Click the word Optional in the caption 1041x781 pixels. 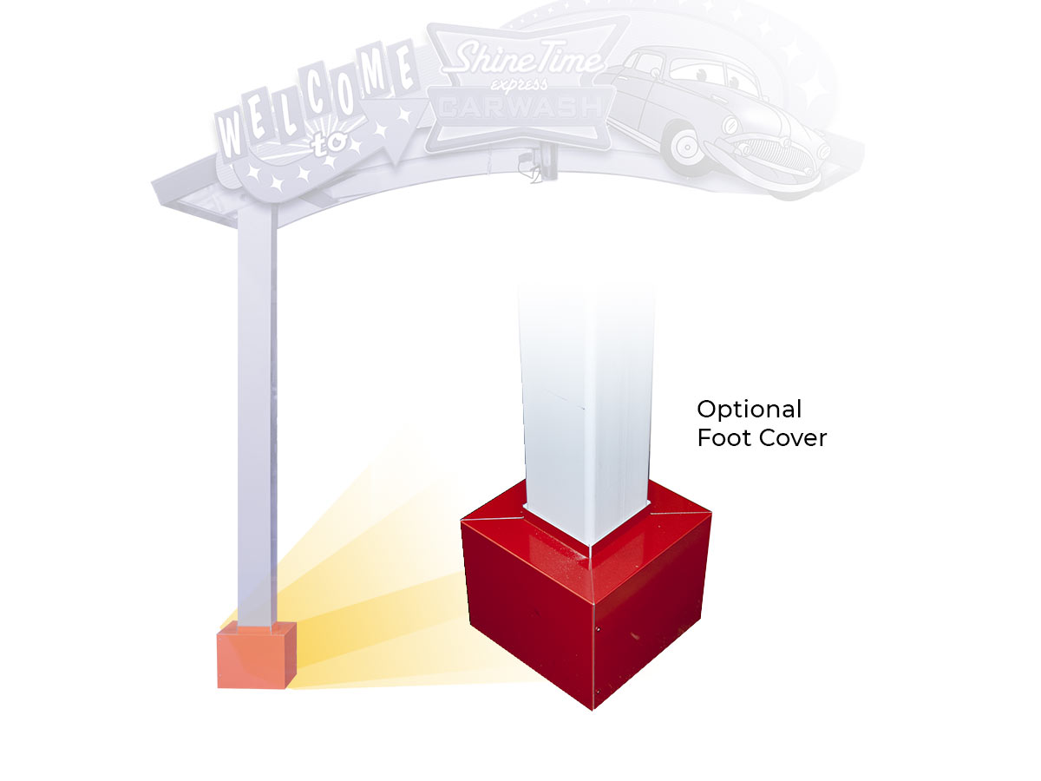[x=749, y=410]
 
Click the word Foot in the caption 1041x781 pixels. [x=723, y=437]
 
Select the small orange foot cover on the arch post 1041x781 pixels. [x=257, y=655]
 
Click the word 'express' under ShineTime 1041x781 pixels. [x=520, y=84]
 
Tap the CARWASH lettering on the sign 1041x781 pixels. [x=520, y=108]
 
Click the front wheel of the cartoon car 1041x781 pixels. [x=687, y=148]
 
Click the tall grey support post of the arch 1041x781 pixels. [x=257, y=417]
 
